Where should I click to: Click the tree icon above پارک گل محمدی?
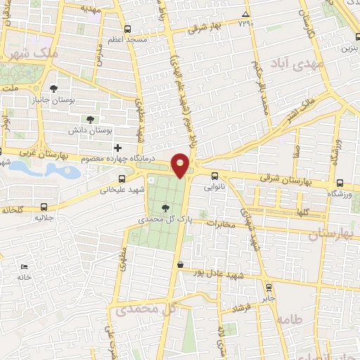165,207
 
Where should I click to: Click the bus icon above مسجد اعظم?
127,30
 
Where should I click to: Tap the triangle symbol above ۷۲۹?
245,14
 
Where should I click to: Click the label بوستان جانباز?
54,101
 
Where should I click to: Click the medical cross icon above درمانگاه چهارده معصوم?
117,148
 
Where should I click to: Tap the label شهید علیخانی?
121,189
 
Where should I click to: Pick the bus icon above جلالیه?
44,207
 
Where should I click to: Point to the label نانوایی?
215,188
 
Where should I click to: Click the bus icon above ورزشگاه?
340,181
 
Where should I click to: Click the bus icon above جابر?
268,287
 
